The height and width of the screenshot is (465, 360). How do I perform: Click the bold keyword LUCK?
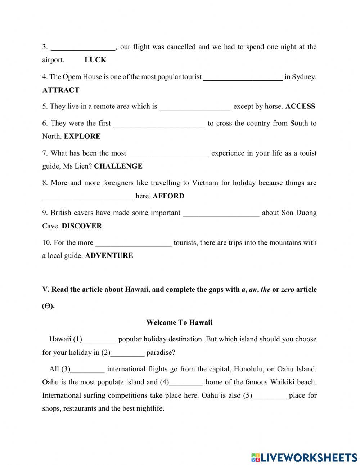click(95, 60)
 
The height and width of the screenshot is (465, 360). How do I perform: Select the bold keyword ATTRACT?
click(60, 90)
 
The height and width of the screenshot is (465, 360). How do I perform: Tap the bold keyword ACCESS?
click(300, 106)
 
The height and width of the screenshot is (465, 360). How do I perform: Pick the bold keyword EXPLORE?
click(82, 136)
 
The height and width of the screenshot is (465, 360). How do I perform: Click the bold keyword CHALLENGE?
click(118, 166)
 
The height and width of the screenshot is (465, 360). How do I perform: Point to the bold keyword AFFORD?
click(168, 196)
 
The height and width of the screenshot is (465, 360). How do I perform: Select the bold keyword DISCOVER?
click(82, 226)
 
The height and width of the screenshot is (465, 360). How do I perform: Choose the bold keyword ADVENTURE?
click(109, 255)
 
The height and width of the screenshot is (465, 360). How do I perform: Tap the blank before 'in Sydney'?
click(243, 77)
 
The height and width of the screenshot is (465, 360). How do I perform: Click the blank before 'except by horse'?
click(195, 107)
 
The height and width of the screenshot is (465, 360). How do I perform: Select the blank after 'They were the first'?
click(159, 124)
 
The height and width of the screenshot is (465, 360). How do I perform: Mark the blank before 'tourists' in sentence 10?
click(134, 243)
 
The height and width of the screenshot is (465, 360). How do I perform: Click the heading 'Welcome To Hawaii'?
click(179, 322)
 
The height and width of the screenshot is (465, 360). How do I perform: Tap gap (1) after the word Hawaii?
click(99, 340)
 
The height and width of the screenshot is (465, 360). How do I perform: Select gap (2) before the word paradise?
click(127, 353)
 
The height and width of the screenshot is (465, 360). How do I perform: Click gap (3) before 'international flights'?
click(88, 370)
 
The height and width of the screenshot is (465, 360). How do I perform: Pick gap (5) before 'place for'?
click(270, 396)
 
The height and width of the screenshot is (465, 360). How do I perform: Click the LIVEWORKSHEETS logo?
click(304, 457)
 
